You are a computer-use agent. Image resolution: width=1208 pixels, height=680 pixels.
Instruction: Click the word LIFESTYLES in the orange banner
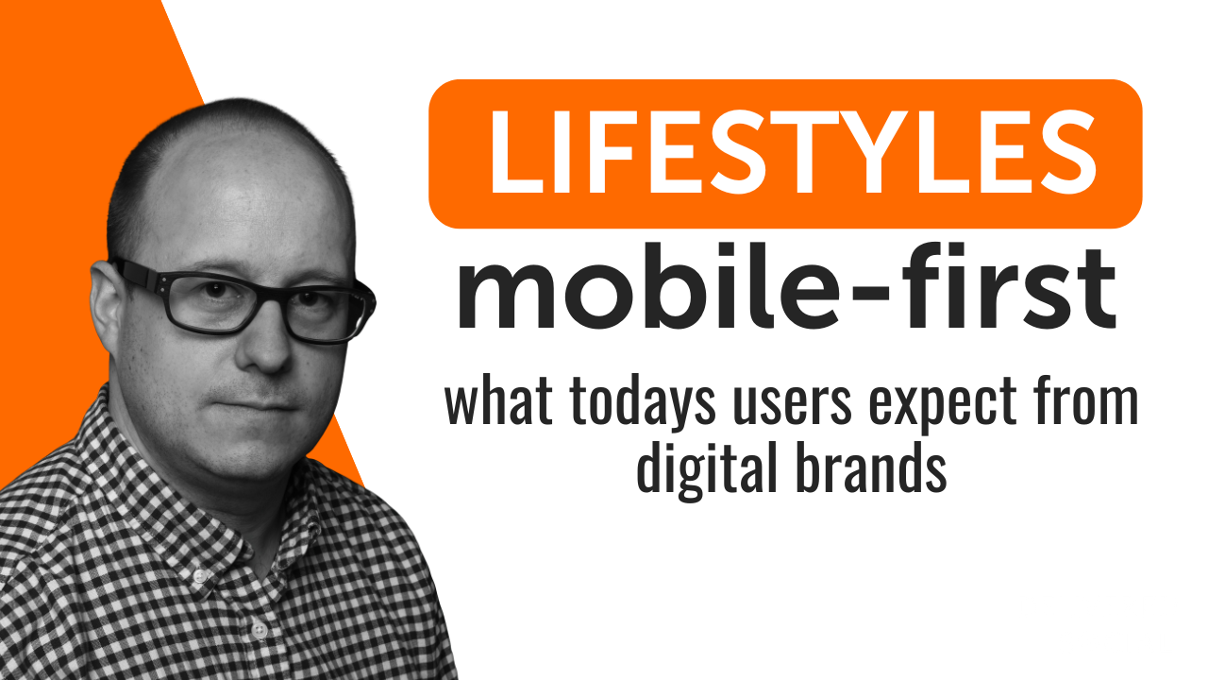click(792, 152)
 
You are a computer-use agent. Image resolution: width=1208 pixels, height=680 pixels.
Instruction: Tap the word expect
click(943, 406)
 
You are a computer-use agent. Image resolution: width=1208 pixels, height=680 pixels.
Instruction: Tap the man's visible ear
click(105, 308)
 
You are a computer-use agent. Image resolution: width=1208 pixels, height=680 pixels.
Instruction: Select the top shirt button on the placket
click(200, 575)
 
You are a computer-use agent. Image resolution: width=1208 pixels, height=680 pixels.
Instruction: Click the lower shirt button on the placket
click(260, 629)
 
